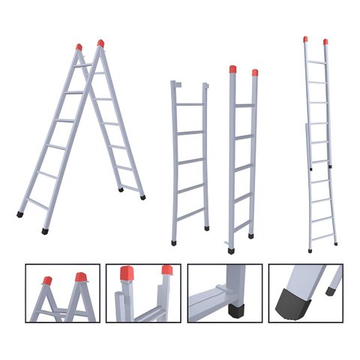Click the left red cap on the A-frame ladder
point(79,47)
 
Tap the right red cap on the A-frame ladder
point(100,43)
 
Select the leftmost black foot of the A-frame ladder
point(19,214)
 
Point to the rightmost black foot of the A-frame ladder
point(142,197)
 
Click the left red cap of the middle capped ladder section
point(232,70)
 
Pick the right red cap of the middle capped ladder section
point(255,73)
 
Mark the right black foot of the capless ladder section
point(206,227)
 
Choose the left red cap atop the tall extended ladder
point(305,38)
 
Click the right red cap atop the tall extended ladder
point(325,41)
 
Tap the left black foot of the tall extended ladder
point(310,250)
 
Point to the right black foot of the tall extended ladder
point(335,244)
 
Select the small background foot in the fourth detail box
point(330,292)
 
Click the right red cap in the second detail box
point(166,269)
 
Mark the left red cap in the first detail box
point(47,280)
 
